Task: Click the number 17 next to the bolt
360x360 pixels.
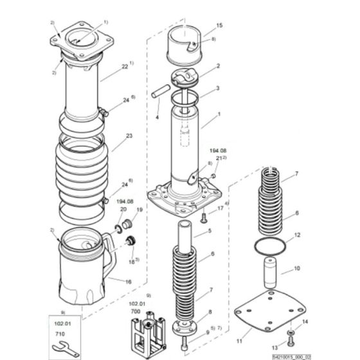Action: point(219,208)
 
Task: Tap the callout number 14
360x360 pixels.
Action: point(305,321)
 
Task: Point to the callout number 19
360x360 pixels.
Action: point(138,210)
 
